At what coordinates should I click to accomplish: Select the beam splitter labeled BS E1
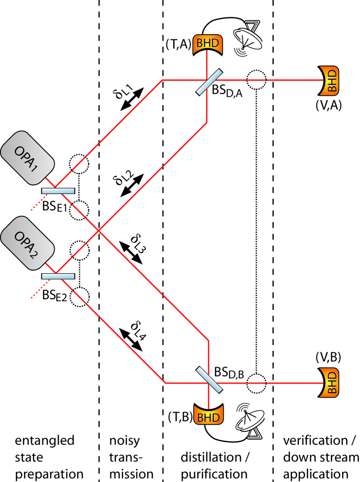click(58, 191)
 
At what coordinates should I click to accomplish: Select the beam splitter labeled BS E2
click(58, 276)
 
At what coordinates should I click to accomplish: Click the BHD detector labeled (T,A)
click(207, 46)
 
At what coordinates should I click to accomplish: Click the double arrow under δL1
click(131, 98)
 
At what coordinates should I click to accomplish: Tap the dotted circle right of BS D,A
click(255, 80)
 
